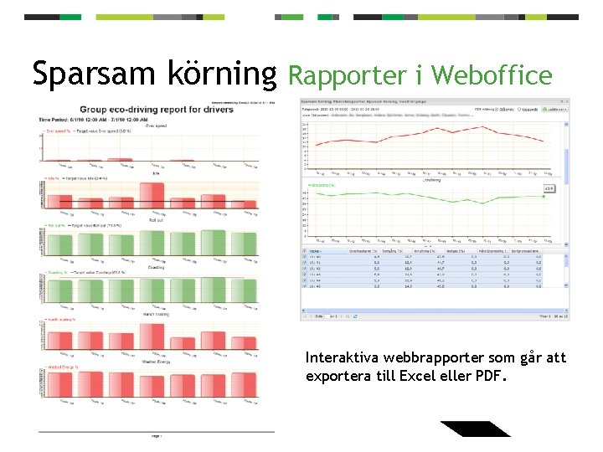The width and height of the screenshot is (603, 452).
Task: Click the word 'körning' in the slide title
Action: pyautogui.click(x=214, y=74)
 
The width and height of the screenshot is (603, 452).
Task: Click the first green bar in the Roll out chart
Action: pyautogui.click(x=61, y=244)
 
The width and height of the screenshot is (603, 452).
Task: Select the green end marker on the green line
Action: pyautogui.click(x=544, y=197)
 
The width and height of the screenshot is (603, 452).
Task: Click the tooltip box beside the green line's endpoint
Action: pyautogui.click(x=549, y=189)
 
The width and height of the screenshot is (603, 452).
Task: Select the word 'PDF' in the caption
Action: pyautogui.click(x=492, y=376)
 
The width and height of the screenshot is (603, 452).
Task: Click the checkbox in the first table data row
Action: pyautogui.click(x=305, y=258)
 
